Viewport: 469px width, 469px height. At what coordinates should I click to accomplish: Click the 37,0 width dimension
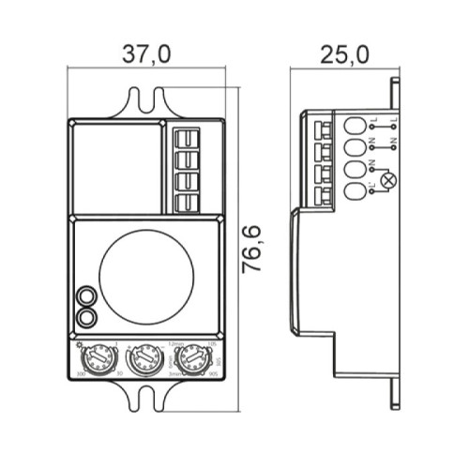coord(146,54)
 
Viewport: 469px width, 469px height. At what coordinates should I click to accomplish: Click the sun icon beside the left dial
coord(77,343)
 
